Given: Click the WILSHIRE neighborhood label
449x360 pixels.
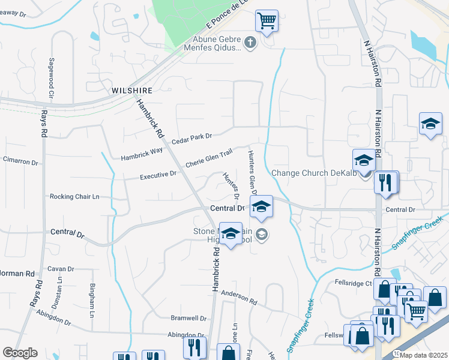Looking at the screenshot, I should coord(130,90).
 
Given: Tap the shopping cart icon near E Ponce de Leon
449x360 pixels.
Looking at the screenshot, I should coord(267,21).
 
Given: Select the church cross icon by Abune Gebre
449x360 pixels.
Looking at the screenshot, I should coord(251,43).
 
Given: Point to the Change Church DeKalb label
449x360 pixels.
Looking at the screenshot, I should coord(314,173).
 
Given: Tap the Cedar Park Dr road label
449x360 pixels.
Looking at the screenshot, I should coord(192,139).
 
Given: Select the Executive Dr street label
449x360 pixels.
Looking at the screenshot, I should coord(158,175).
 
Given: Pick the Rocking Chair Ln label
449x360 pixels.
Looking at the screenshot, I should coord(74,196).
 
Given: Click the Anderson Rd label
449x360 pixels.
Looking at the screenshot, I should coord(238,296).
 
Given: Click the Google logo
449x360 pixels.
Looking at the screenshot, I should coord(20,353).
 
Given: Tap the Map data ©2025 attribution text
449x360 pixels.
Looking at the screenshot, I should coord(424,355).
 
